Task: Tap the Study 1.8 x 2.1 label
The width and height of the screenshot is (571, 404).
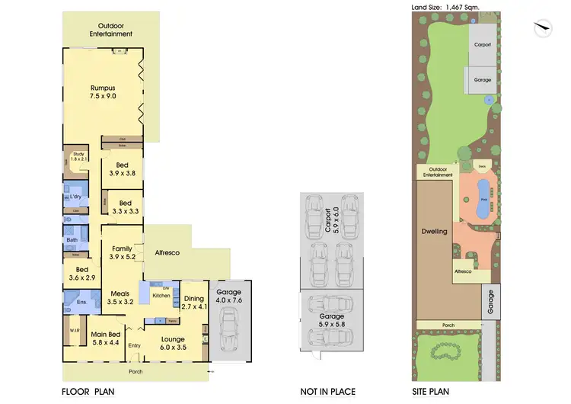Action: tap(78, 157)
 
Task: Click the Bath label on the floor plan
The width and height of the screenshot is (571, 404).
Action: tap(72, 239)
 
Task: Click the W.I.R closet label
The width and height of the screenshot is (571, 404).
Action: tap(75, 330)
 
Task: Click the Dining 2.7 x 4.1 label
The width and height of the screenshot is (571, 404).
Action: tap(193, 303)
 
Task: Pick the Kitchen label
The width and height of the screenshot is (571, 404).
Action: tap(161, 294)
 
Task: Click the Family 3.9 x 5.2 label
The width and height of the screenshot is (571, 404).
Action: tap(122, 253)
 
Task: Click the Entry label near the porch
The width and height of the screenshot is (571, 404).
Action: tap(135, 346)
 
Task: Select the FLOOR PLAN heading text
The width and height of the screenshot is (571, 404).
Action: tap(88, 392)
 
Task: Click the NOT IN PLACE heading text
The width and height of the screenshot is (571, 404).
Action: tap(327, 392)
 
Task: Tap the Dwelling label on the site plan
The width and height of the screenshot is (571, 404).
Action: tap(436, 230)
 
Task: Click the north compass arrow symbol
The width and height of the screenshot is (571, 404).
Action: tap(541, 27)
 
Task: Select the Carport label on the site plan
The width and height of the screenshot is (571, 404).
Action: tap(483, 45)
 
